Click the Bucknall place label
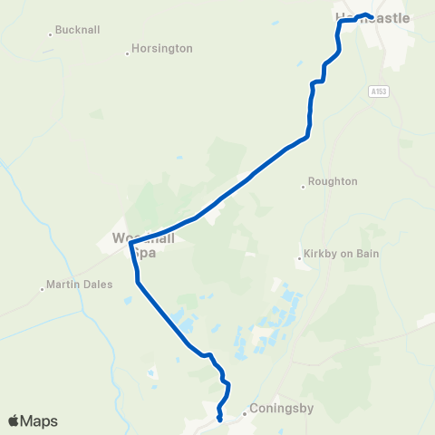77,30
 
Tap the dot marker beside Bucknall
51,35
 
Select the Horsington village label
162,48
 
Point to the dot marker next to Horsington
127,53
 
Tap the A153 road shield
378,91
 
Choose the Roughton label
333,181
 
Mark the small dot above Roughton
304,188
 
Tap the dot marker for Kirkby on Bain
298,259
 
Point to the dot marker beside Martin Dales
43,289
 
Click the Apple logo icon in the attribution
13,420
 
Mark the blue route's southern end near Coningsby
220,419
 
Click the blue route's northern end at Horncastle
367,14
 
